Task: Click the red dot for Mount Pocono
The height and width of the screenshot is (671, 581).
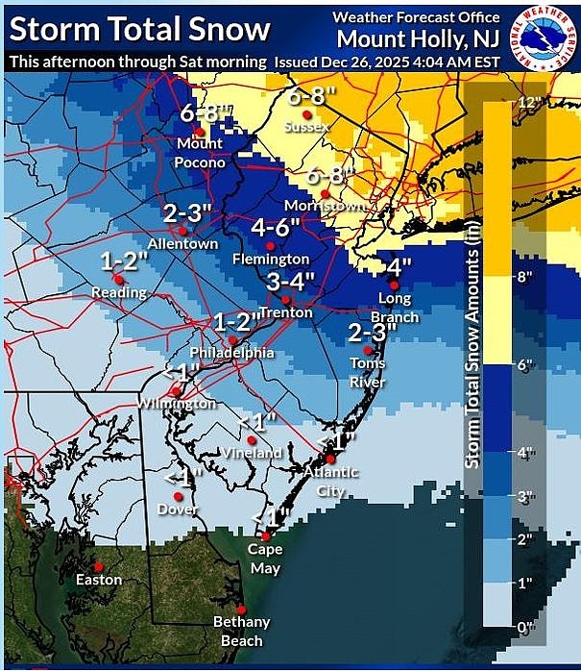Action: tap(199, 132)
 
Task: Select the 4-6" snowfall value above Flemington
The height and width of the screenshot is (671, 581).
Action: tap(277, 228)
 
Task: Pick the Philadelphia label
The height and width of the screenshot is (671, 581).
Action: tap(234, 353)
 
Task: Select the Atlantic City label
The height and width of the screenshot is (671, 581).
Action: tap(331, 481)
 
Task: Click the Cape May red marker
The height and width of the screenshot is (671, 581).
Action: tap(266, 536)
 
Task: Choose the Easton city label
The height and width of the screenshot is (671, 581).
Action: tap(99, 580)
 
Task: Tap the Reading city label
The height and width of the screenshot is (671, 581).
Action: tap(119, 292)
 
